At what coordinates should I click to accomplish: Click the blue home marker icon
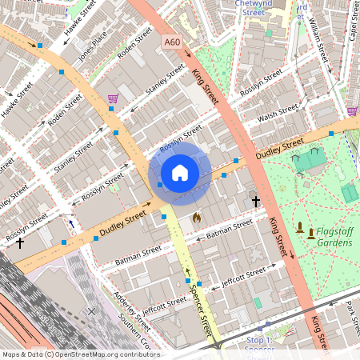pyautogui.click(x=180, y=173)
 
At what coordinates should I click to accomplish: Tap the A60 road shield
pyautogui.click(x=171, y=42)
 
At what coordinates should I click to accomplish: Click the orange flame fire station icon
pyautogui.click(x=197, y=217)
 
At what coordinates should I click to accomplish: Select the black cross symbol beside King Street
pyautogui.click(x=256, y=202)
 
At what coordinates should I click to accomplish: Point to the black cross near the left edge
pyautogui.click(x=20, y=242)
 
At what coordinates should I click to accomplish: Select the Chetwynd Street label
pyautogui.click(x=250, y=8)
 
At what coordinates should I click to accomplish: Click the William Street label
pyautogui.click(x=320, y=44)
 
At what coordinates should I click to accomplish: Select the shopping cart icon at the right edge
pyautogui.click(x=353, y=111)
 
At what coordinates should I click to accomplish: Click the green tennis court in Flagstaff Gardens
pyautogui.click(x=350, y=193)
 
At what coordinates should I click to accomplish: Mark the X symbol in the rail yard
pyautogui.click(x=92, y=310)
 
